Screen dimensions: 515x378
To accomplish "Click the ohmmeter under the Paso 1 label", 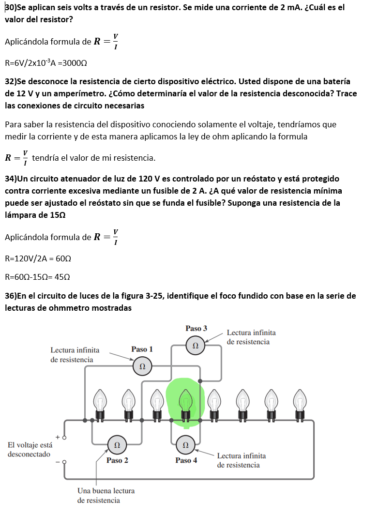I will pos(142,366).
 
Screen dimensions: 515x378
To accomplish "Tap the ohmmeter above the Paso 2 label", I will pos(117,443).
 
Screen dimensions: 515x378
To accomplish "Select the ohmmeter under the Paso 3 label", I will pos(195,346).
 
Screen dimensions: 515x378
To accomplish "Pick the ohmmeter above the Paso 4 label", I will pos(185,443).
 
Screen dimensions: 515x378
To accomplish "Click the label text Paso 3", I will pos(196,328).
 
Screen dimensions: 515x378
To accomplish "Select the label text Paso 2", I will pos(117,460).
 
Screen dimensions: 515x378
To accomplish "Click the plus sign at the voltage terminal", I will pos(58,437).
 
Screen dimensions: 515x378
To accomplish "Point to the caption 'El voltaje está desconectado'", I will pos(29,450).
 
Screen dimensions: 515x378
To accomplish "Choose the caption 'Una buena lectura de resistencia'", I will pos(106,495).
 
